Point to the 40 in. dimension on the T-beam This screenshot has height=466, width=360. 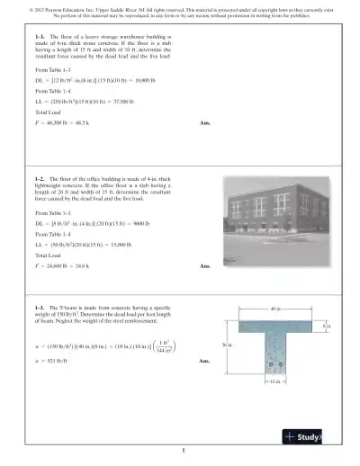275,310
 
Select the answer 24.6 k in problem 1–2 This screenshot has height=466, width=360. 82,266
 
